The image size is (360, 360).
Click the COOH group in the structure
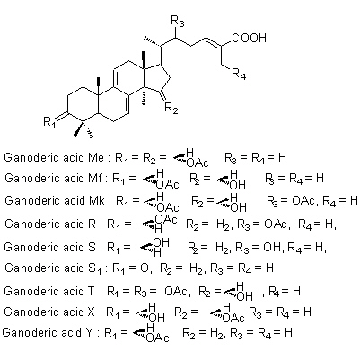point(250,38)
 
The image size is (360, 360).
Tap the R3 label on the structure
point(178,22)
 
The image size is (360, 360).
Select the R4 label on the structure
point(239,74)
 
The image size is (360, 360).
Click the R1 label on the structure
point(49,122)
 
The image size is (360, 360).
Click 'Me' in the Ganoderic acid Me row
point(96,157)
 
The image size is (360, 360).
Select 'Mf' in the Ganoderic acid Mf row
point(95,179)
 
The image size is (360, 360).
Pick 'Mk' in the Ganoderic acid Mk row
point(96,200)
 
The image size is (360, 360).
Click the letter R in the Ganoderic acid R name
point(92,224)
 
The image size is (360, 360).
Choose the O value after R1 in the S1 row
point(145,268)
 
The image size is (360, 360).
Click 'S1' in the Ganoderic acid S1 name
point(95,268)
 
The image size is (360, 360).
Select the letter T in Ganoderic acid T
point(92,291)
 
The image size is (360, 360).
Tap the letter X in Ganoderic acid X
point(91,312)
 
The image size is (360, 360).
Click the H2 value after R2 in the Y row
point(216,333)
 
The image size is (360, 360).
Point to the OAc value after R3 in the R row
point(276,224)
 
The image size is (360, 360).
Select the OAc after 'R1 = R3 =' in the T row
point(176,291)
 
